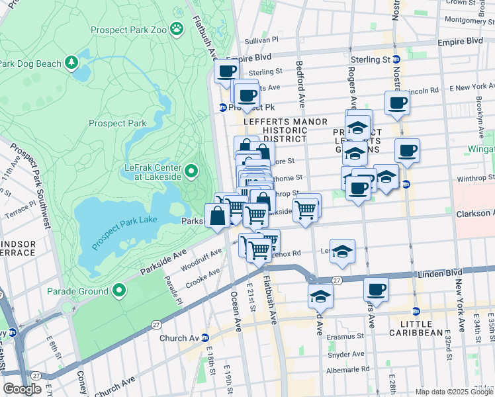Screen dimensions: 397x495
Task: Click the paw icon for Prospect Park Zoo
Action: [176, 28]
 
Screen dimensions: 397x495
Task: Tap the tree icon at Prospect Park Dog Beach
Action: [71, 64]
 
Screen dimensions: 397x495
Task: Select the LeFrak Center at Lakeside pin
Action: [191, 172]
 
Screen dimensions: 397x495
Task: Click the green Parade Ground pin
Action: [119, 290]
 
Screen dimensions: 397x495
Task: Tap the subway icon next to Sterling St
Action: [396, 60]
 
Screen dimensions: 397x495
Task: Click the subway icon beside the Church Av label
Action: [205, 337]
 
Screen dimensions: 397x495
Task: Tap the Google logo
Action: [22, 389]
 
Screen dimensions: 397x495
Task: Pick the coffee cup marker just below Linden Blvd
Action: [376, 288]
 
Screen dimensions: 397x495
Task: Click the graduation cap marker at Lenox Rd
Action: [342, 251]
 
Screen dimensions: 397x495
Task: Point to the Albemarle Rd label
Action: [349, 369]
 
